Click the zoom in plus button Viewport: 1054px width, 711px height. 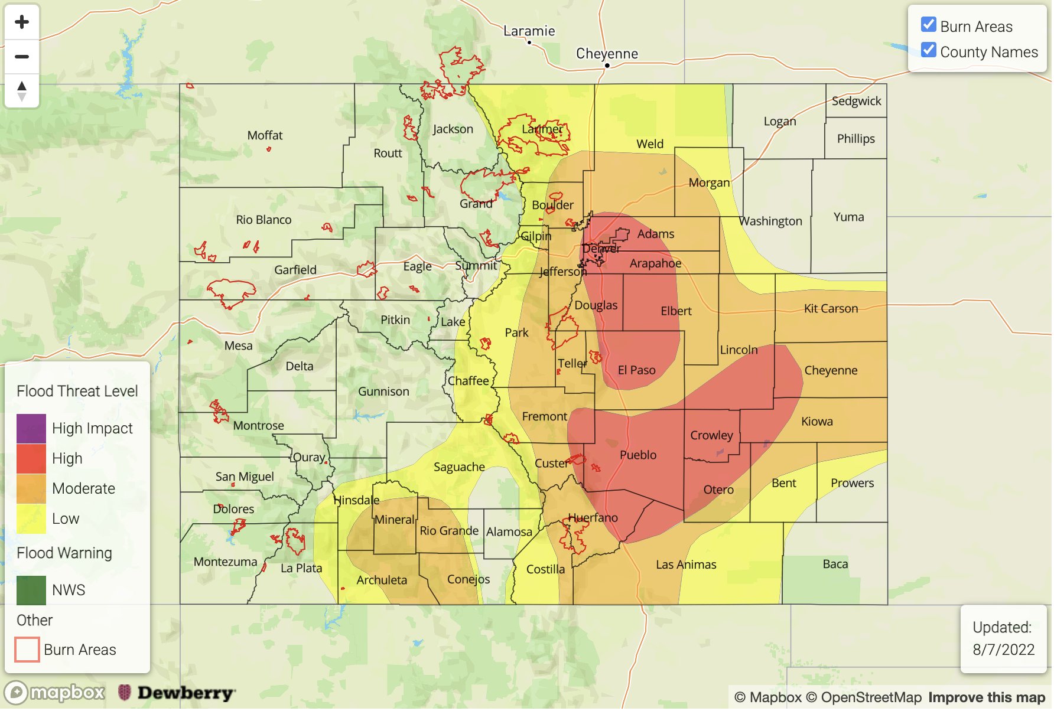pyautogui.click(x=22, y=22)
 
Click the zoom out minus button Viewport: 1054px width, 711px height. pyautogui.click(x=22, y=57)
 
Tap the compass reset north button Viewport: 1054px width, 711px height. pyautogui.click(x=22, y=91)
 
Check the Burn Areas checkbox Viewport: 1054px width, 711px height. pyautogui.click(x=928, y=25)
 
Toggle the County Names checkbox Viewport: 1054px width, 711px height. pyautogui.click(x=928, y=51)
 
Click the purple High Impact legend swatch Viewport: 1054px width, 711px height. pyautogui.click(x=31, y=429)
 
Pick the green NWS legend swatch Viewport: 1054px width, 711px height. pyautogui.click(x=31, y=591)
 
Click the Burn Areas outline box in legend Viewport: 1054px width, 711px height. pyautogui.click(x=27, y=650)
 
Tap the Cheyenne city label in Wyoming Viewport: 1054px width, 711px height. pyautogui.click(x=607, y=54)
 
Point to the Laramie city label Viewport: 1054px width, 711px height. pyautogui.click(x=529, y=31)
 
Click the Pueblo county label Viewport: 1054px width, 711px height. pyautogui.click(x=637, y=455)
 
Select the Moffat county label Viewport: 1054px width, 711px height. pyautogui.click(x=265, y=135)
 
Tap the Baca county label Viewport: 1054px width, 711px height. pyautogui.click(x=835, y=564)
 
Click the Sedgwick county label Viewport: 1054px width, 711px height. pyautogui.click(x=856, y=101)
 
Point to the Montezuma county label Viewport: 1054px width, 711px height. pyautogui.click(x=225, y=562)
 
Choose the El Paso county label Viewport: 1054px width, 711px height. pyautogui.click(x=636, y=370)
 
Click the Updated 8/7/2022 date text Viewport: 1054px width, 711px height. pyautogui.click(x=1003, y=650)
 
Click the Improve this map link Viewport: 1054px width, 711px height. pyautogui.click(x=986, y=697)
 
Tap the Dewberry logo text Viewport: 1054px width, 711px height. pyautogui.click(x=186, y=693)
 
